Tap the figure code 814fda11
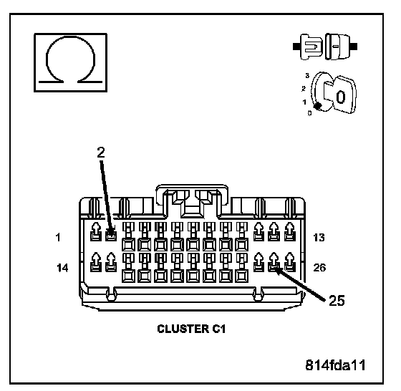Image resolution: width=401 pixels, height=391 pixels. pos(336,365)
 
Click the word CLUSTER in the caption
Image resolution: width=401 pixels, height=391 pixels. pos(183,329)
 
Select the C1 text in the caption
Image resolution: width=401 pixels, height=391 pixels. pos(218,329)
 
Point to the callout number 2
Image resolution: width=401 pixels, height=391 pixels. pos(101,153)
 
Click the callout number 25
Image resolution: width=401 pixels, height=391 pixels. pos(337,300)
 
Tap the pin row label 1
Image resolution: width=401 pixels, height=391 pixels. pos(58,238)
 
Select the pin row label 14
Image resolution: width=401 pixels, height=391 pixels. pos(63,268)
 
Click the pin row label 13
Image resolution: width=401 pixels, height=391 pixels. pos(319,238)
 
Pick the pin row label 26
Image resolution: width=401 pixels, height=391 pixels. pos(319,268)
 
